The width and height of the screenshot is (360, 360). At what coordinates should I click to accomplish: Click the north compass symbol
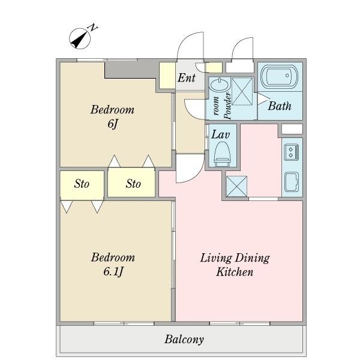coord(80,38)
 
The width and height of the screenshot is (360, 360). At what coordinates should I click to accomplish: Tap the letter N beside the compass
coord(93,28)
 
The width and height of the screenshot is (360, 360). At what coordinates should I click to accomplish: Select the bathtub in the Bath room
coord(280,77)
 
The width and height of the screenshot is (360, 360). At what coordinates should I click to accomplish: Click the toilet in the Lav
coord(222,154)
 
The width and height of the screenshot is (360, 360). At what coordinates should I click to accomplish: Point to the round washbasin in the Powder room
coord(220,85)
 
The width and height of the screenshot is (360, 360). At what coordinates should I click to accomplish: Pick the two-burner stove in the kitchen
coord(292,152)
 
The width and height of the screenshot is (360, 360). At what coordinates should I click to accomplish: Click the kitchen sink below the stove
coord(292,182)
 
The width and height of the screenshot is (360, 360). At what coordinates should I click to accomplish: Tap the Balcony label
coord(184,340)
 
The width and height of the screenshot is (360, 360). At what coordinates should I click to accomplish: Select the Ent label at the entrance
coord(187,77)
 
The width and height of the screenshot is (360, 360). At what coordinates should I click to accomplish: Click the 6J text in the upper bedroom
coord(113,124)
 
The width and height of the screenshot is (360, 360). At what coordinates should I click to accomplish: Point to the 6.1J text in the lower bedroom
coord(113,272)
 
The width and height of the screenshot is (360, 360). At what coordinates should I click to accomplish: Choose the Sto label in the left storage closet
coord(82,184)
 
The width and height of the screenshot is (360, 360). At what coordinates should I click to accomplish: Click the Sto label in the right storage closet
coord(133,184)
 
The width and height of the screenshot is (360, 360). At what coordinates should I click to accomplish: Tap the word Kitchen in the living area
coord(235,272)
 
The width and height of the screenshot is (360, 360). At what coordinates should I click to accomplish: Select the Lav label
coord(220,134)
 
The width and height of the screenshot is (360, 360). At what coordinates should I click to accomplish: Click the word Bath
coord(280,106)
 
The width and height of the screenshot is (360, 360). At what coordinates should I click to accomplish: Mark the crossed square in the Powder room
coord(242,91)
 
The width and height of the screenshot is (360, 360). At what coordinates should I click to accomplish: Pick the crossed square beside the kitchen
coord(237,186)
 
